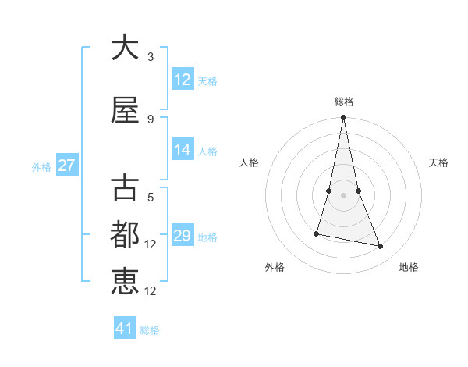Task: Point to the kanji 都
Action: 125,236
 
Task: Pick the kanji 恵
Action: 125,281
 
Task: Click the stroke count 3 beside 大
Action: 151,57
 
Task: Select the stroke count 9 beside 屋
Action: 151,119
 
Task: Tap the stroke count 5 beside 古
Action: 151,198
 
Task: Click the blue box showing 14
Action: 183,150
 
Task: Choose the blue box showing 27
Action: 66,166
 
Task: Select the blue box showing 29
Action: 183,236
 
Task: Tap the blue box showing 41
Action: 125,329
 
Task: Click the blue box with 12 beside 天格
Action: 183,80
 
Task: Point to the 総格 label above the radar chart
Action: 343,102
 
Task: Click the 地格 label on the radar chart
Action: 409,267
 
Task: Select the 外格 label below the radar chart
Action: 275,267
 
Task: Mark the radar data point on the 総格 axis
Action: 343,118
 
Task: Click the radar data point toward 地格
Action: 381,247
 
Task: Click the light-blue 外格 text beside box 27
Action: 41,166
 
